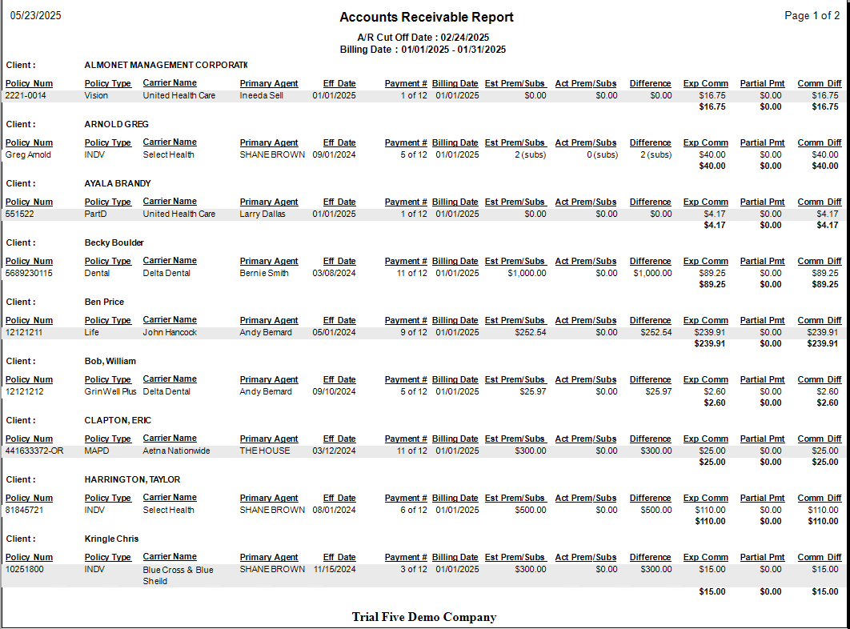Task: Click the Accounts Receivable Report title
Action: (x=427, y=18)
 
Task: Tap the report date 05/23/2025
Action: (x=35, y=16)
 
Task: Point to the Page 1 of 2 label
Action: (x=812, y=16)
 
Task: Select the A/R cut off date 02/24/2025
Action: (x=465, y=38)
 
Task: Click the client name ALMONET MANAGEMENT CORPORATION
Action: (x=166, y=65)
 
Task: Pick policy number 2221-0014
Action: (x=26, y=96)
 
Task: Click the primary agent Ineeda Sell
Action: (x=261, y=96)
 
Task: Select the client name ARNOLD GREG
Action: (x=116, y=124)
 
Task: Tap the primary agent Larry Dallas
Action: (x=263, y=214)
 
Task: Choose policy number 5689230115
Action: (x=29, y=274)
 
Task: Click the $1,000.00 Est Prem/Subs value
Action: (x=527, y=274)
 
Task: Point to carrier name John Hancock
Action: (x=170, y=333)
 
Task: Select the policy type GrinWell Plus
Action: (x=110, y=392)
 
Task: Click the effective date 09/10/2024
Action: (x=334, y=392)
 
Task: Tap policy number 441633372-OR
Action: (x=34, y=451)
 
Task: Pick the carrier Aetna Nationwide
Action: (x=176, y=451)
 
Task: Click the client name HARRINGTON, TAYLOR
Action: (x=132, y=479)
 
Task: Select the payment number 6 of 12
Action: (x=414, y=511)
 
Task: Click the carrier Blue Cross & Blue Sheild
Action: (x=178, y=575)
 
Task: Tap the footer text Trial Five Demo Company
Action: (x=424, y=617)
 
